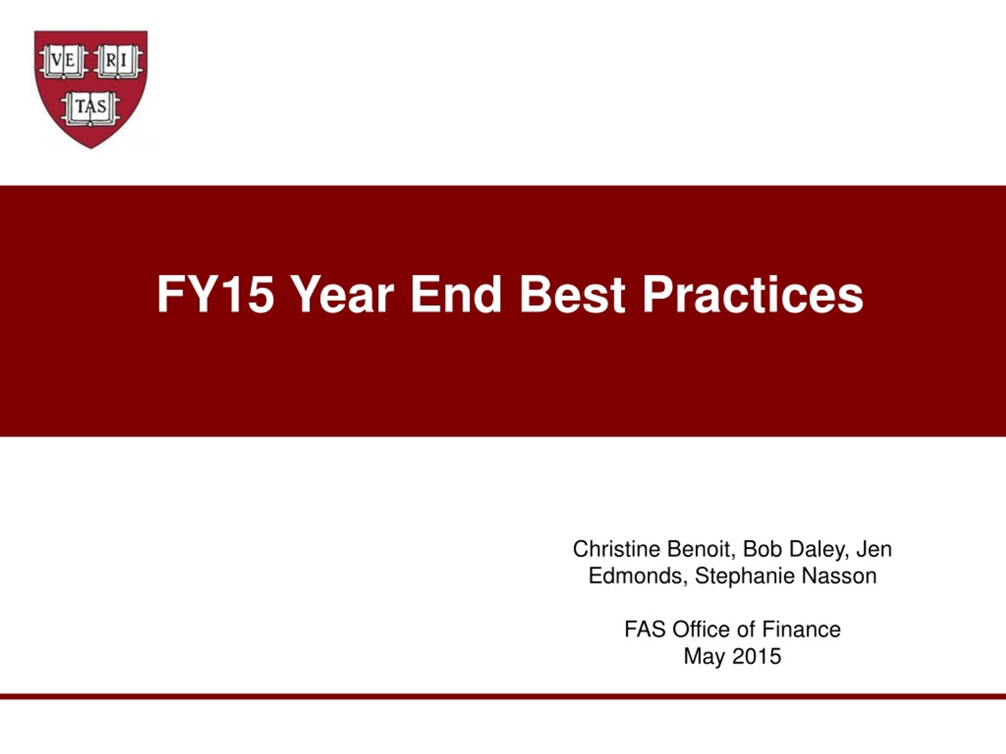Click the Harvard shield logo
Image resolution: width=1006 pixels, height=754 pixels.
[91, 89]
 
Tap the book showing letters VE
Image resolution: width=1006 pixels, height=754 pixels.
[63, 61]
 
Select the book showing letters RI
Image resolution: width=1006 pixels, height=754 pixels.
[118, 61]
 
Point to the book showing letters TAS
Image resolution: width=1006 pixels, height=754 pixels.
[91, 109]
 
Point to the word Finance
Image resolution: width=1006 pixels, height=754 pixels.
[801, 630]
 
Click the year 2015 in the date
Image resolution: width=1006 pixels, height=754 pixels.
[757, 656]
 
